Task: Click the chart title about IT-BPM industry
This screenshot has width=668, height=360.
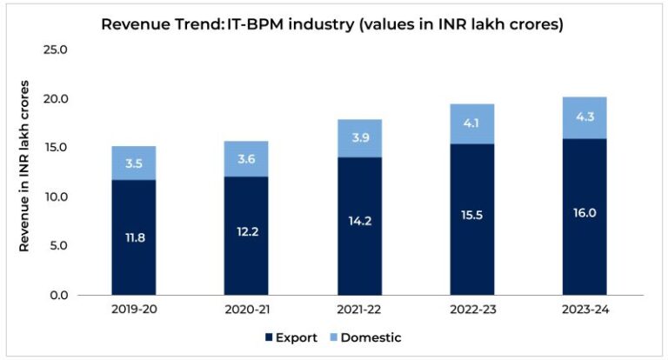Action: point(333,24)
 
